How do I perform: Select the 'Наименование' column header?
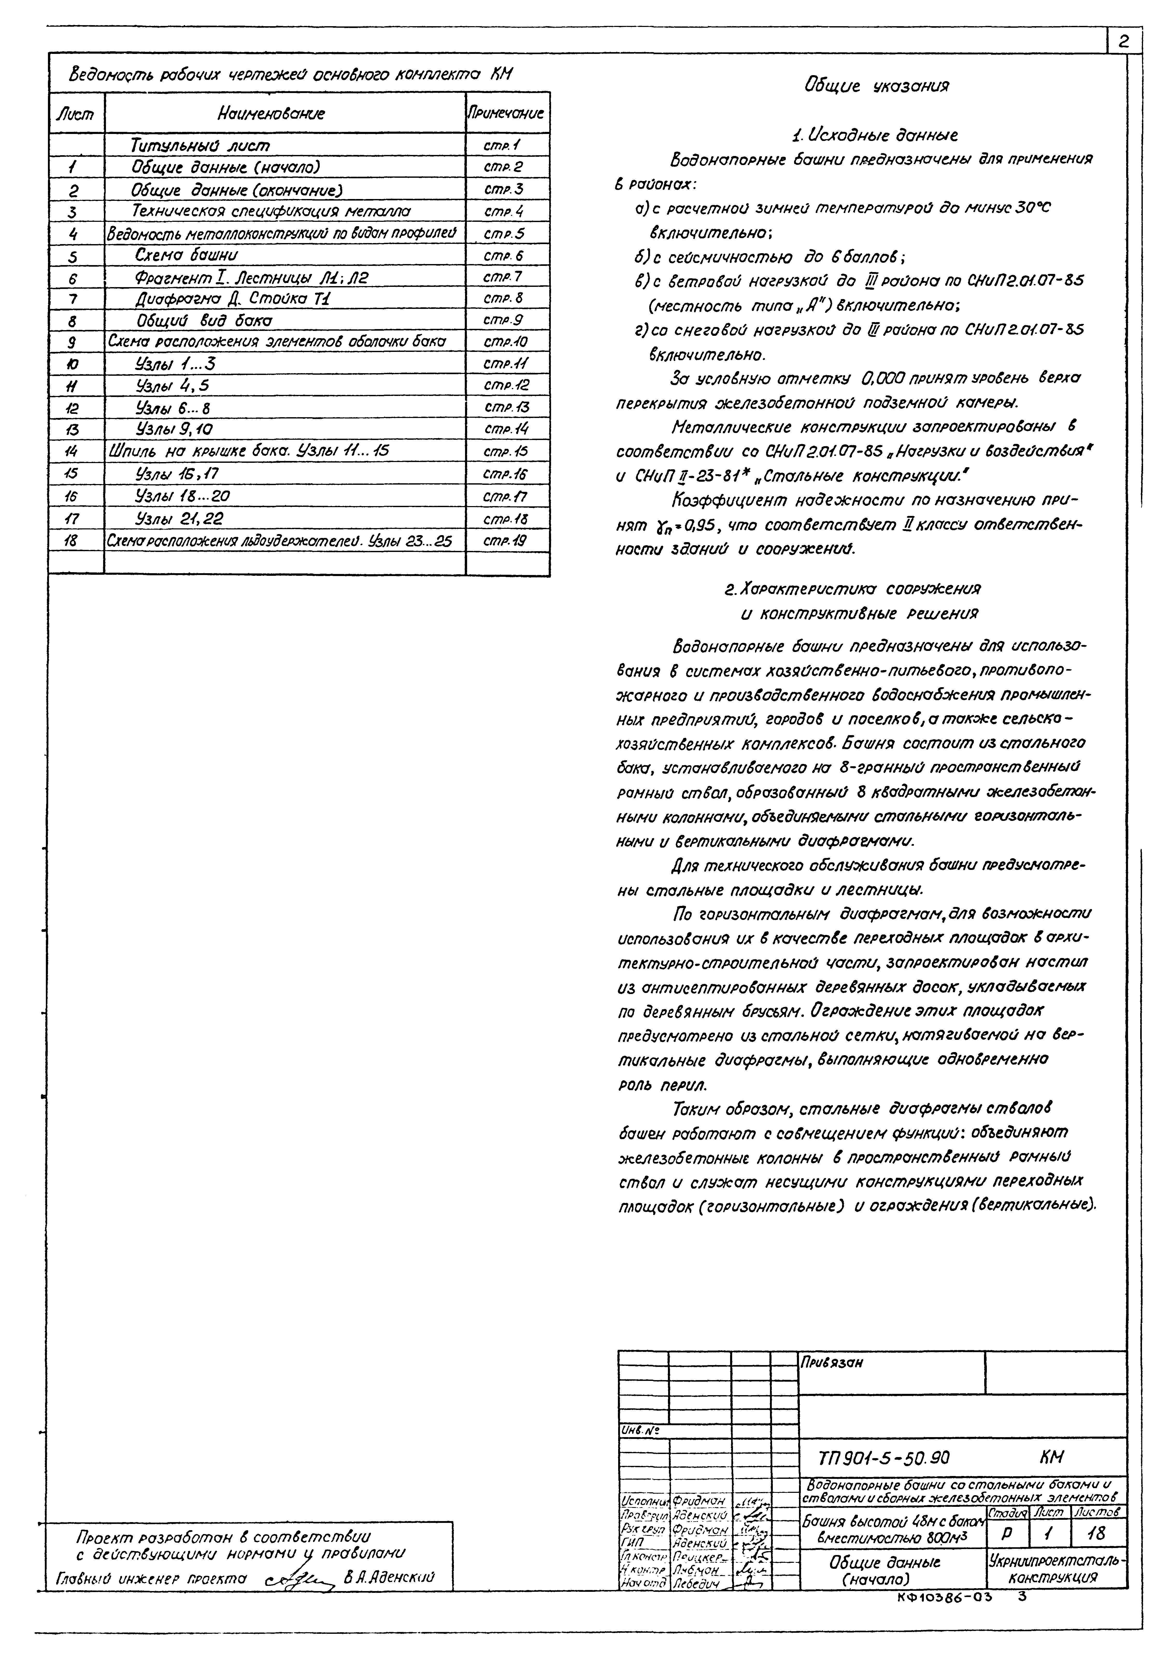click(270, 113)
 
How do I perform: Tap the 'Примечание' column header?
click(507, 113)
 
